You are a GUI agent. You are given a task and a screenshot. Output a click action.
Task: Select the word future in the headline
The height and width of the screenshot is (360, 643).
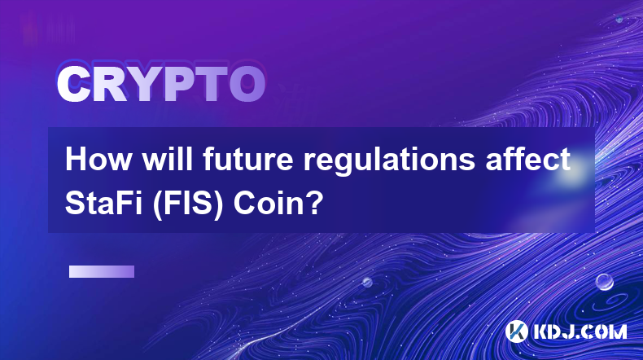tap(248, 160)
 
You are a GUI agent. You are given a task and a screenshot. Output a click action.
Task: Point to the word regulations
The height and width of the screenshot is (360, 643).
tap(389, 161)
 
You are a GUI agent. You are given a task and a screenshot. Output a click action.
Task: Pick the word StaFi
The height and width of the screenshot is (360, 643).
tap(103, 203)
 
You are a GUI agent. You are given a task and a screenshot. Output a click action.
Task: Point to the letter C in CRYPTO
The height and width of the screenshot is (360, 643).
tap(73, 84)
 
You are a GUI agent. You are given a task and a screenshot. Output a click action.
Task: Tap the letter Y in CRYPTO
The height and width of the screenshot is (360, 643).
tap(142, 84)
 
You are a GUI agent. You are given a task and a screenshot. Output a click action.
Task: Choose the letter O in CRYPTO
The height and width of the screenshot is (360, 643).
tap(247, 84)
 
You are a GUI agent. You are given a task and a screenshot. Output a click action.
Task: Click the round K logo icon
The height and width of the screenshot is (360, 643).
tap(516, 331)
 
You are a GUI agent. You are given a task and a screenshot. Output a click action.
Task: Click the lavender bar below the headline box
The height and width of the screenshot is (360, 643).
tap(102, 271)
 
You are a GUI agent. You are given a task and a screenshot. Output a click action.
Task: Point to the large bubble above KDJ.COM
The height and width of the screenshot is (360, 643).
tap(605, 282)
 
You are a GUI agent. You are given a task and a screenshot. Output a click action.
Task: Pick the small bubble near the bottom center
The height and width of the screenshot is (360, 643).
tap(367, 282)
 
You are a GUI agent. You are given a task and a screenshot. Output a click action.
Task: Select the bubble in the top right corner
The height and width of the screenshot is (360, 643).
tap(619, 19)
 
